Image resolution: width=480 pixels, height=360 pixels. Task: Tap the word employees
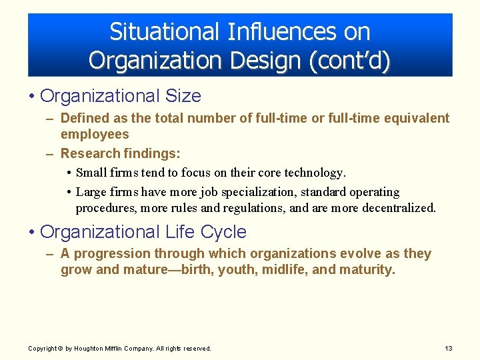click(x=95, y=134)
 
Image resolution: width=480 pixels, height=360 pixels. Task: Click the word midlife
click(x=285, y=269)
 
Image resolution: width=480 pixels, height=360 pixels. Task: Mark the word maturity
click(x=366, y=269)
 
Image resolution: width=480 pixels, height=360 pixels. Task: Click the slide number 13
click(x=448, y=349)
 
